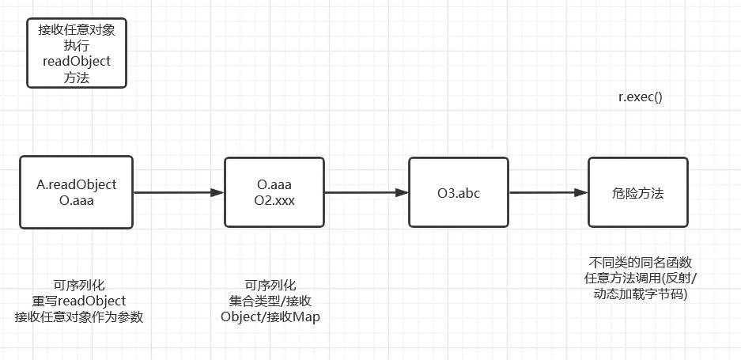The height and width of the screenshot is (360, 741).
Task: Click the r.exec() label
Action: coord(640,97)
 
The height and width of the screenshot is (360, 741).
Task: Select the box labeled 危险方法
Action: coord(637,193)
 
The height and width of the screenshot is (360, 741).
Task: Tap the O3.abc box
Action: coord(458,193)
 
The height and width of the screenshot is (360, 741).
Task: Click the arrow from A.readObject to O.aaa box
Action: coord(178,192)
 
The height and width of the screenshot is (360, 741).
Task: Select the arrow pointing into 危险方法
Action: coord(547,192)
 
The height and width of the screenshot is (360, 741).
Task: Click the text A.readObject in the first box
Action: coord(77,184)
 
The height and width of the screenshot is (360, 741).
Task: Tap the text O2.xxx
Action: coord(275,201)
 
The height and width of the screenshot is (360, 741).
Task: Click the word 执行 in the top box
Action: coord(76,45)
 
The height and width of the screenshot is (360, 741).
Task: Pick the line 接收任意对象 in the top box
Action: coord(76,30)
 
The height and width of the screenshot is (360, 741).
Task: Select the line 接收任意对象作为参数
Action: coord(78,316)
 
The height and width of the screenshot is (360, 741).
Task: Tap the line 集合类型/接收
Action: coord(270,301)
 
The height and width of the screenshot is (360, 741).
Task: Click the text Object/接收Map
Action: coord(270,316)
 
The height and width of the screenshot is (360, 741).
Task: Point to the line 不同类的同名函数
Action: coord(640,262)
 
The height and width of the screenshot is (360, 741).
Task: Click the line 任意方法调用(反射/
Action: coord(640,278)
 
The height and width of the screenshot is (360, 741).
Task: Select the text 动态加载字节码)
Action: coord(640,294)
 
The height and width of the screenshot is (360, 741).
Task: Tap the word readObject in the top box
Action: coord(76,61)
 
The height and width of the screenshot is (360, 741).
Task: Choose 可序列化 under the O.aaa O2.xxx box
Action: coord(270,285)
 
